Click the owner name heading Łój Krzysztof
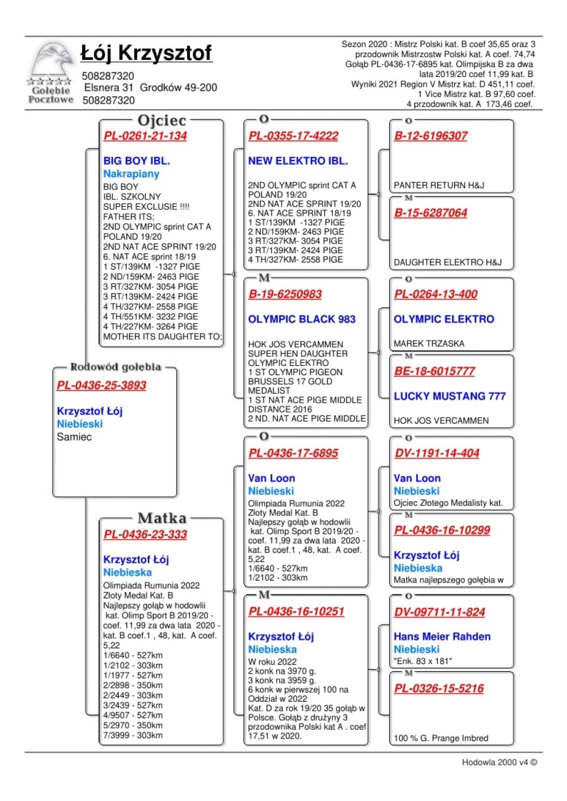tap(146, 53)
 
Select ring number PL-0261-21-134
tap(145, 136)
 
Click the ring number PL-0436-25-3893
tap(101, 386)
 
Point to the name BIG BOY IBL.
tap(137, 161)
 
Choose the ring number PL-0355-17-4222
tap(293, 136)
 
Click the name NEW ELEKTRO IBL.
tap(298, 161)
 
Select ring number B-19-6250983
tap(285, 295)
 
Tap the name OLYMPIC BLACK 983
tap(302, 319)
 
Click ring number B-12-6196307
tap(431, 136)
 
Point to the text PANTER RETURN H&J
tap(439, 185)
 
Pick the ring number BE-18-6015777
tap(435, 372)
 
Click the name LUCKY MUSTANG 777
tap(450, 397)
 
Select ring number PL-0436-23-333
tap(145, 535)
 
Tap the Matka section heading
tap(162, 518)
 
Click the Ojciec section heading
tap(162, 121)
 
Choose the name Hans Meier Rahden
tap(442, 637)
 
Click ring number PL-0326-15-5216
tap(439, 689)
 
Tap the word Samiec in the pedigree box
tap(74, 437)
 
